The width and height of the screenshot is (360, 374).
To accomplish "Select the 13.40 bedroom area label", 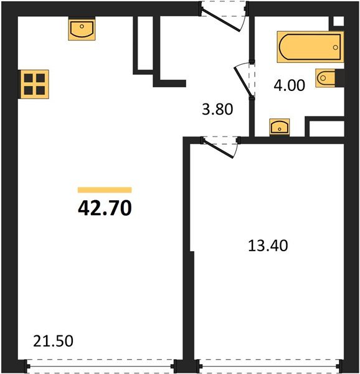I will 267,245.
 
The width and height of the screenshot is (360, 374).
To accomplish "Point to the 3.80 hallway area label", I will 217,110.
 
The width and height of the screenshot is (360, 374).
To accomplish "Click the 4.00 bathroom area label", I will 289,85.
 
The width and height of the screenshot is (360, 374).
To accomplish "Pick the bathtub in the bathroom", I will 310,46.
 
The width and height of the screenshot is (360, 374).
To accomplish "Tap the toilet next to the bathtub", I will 328,79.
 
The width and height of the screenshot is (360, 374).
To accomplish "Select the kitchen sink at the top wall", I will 82,29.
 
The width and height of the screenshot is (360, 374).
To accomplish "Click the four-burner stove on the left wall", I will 34,84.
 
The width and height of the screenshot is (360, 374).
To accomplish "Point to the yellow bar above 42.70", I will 105,189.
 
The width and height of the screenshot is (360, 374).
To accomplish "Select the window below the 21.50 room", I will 100,366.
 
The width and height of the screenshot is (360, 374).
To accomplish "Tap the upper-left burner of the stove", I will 29,78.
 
